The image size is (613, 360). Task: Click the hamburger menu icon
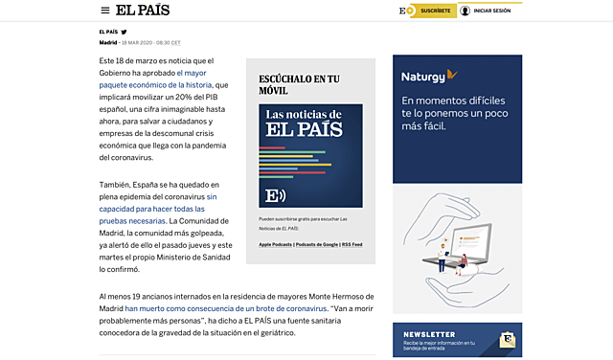point(105,11)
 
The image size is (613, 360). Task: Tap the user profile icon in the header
point(465,11)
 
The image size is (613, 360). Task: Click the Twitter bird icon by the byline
point(124,32)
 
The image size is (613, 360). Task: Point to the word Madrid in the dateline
point(108,42)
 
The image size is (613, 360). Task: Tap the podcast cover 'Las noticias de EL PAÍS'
point(310,155)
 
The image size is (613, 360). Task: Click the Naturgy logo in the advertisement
point(428,75)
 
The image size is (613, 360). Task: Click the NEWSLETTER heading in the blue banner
point(428,334)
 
